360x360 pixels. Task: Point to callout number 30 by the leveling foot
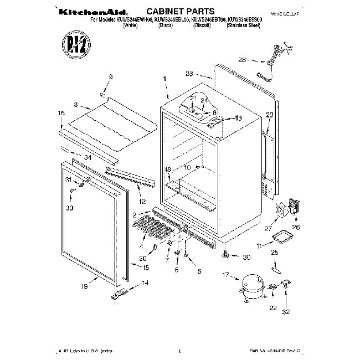pos(246,256)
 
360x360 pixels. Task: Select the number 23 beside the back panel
pos(189,73)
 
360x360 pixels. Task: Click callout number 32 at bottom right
pos(286,312)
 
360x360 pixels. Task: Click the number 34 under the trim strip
pos(88,157)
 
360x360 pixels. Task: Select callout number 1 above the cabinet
pos(165,79)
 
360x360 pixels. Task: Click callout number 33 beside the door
pos(69,208)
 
